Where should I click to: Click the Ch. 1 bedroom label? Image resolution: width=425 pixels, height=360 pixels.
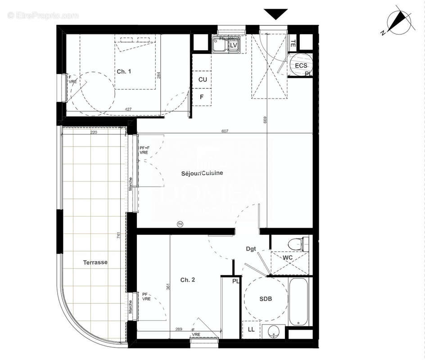click(x=124, y=72)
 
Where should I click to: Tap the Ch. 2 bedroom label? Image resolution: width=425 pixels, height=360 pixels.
click(x=187, y=280)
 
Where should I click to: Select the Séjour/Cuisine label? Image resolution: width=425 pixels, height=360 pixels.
click(x=202, y=173)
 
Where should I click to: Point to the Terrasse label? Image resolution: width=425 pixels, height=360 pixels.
click(x=95, y=262)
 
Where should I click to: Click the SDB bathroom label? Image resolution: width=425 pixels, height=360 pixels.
click(x=266, y=298)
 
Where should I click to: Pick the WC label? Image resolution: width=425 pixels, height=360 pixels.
click(x=288, y=257)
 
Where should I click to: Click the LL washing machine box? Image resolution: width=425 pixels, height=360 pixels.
click(x=251, y=329)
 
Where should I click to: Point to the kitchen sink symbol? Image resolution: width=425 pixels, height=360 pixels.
click(x=220, y=45)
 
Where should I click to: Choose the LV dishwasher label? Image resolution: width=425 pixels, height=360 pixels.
click(x=234, y=45)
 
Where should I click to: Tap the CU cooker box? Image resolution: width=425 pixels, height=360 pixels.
click(x=203, y=80)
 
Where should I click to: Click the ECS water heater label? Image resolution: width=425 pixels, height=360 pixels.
click(x=301, y=66)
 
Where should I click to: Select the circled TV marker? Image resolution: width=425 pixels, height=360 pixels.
click(x=181, y=224)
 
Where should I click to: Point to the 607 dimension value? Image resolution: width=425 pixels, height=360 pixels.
click(x=225, y=131)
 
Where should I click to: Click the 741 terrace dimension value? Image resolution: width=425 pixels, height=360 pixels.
click(x=118, y=235)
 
